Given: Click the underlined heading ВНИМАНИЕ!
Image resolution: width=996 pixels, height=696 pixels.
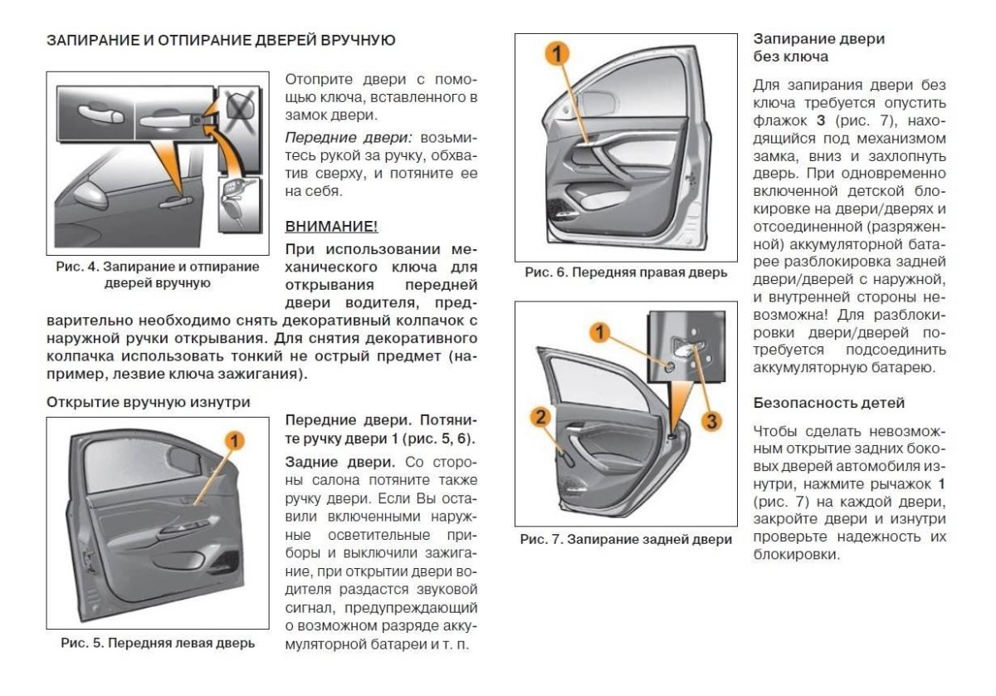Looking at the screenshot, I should tap(331, 226).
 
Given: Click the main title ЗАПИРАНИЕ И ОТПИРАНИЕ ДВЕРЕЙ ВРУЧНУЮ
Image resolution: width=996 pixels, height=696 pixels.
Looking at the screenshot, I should tap(221, 40).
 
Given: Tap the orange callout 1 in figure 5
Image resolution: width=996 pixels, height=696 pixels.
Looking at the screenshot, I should tap(236, 441).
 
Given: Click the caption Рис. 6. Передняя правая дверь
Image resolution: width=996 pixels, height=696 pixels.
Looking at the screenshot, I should tap(626, 272).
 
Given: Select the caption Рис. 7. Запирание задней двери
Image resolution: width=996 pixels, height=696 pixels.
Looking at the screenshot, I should tap(626, 539).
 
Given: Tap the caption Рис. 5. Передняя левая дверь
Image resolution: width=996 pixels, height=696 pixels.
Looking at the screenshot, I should tap(158, 643).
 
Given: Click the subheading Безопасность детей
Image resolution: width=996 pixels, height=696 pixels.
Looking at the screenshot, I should tap(817, 403).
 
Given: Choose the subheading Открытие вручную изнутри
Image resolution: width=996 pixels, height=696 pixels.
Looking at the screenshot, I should tap(148, 402).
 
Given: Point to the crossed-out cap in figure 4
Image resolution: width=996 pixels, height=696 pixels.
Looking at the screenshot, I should tap(238, 106).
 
